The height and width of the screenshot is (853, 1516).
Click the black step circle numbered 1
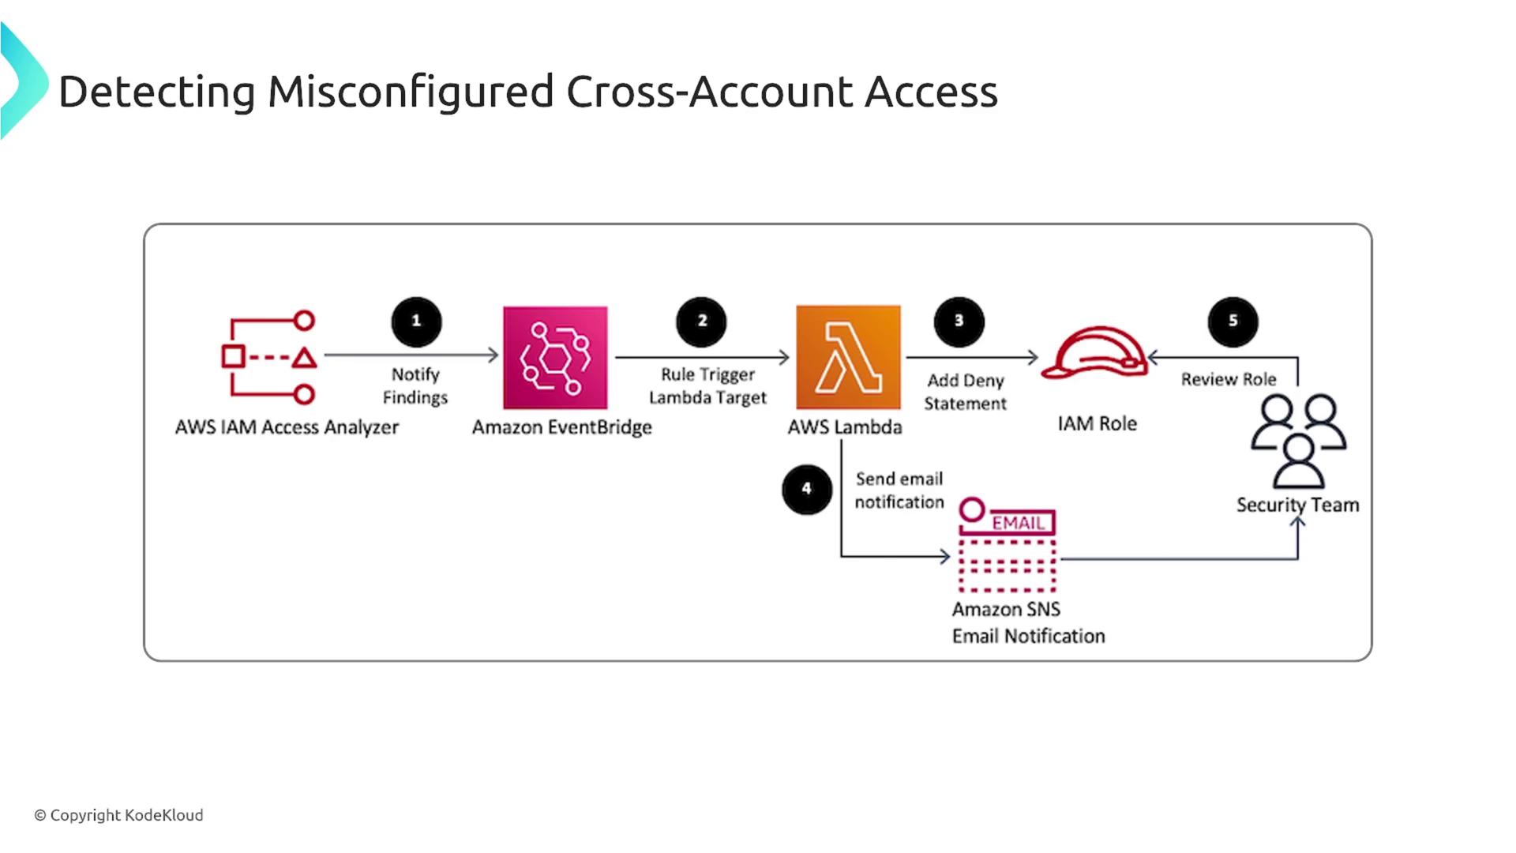416,321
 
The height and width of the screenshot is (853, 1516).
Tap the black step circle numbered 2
701,321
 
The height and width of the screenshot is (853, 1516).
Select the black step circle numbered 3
959,321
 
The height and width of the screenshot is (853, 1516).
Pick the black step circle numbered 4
806,489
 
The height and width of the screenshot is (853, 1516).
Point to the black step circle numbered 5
1233,321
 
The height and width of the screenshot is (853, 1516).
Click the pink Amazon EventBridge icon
555,357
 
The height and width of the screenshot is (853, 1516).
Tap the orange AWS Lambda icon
848,357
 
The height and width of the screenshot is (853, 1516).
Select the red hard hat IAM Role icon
1094,353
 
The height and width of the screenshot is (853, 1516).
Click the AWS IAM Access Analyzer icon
269,357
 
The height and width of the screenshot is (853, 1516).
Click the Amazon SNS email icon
1008,546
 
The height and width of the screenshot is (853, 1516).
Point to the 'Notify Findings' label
415,385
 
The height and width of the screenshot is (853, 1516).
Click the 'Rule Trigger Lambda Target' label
707,385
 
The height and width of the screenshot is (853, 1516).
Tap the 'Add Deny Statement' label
965,392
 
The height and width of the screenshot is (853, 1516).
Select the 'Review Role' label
1228,379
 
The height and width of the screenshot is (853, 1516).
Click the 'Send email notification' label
899,490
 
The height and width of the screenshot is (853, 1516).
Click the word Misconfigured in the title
411,92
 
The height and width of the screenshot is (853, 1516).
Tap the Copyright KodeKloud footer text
118,815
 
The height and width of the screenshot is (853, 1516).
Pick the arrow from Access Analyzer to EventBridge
411,355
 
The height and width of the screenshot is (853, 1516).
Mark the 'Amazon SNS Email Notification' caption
1028,622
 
